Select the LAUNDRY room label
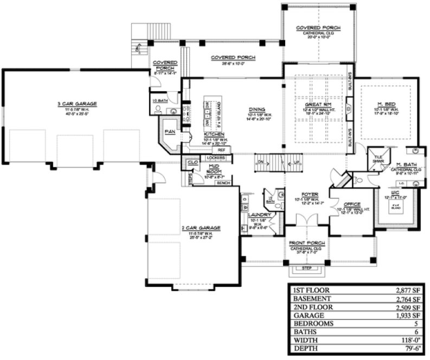pos(255,215)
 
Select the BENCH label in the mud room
pos(223,183)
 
